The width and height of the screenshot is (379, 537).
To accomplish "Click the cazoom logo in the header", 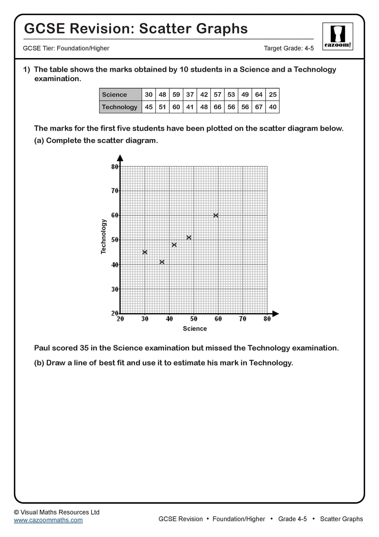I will pos(337,36).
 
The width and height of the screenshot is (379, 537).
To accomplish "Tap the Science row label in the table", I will pos(114,95).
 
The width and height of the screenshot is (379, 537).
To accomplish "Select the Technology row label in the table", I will pos(119,107).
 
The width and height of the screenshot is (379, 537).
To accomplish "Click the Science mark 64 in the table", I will pos(259,95).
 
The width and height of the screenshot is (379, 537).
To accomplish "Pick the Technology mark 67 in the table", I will pos(259,107).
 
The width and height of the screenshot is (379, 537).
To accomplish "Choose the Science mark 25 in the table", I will pos(273,95).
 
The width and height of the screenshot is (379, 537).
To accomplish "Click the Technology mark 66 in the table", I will pos(217,107).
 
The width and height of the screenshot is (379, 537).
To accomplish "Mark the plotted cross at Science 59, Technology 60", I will pos(216,215).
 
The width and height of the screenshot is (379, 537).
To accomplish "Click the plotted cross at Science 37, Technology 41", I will pos(162,262).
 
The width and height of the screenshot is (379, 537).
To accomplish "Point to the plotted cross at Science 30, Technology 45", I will pos(145,252).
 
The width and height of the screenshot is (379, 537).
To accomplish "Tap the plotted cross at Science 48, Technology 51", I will pos(189,237).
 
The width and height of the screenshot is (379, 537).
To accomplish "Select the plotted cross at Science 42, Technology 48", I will pos(174,245).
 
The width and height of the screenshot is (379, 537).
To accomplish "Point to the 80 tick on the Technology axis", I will pos(115,167).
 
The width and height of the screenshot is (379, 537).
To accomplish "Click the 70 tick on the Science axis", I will pos(243,319).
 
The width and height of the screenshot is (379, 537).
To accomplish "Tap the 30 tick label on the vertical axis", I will pos(115,289).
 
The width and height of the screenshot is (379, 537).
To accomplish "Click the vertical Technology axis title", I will pos(103,236).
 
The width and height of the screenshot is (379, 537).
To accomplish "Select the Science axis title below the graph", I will pos(195,329).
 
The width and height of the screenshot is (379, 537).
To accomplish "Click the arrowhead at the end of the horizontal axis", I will pos(275,314).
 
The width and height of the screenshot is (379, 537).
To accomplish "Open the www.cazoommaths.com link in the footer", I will pos(48,520).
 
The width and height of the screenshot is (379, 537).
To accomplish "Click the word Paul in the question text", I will pos(42,348).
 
